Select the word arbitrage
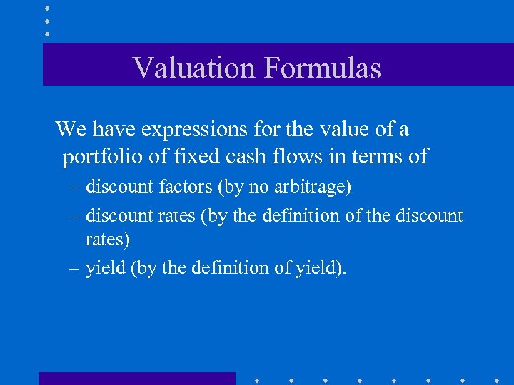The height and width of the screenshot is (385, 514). [313, 188]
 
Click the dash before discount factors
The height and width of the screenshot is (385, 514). [75, 188]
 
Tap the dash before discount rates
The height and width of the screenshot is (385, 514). [75, 216]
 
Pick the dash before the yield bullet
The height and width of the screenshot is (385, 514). [75, 269]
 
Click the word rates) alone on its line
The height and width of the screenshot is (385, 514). [107, 240]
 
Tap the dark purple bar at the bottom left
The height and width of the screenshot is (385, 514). [136, 378]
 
